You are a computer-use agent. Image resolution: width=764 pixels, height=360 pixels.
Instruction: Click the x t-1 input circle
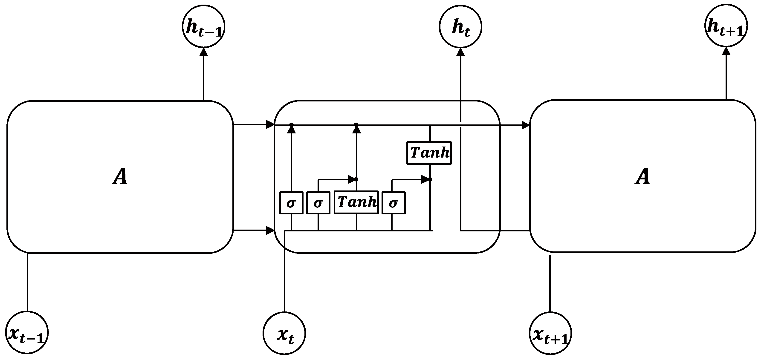(x=27, y=332)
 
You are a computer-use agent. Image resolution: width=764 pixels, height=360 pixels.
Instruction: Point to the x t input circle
(x=284, y=333)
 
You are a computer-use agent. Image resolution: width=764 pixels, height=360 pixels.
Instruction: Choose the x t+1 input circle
(x=550, y=333)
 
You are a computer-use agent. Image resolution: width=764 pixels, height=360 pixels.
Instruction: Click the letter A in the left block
(x=120, y=177)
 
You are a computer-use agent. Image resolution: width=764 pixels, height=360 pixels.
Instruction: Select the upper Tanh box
(x=429, y=153)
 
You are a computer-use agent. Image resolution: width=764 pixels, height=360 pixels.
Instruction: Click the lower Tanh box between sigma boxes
(x=356, y=202)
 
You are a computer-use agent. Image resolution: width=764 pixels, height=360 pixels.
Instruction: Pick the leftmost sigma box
(x=291, y=203)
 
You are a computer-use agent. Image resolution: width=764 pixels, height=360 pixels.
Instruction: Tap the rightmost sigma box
(x=393, y=203)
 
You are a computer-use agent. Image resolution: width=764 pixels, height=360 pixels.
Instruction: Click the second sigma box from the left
(x=318, y=203)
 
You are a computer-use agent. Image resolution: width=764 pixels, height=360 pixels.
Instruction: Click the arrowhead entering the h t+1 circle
(x=726, y=51)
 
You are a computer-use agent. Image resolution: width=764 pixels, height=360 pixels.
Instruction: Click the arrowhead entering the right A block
(x=526, y=125)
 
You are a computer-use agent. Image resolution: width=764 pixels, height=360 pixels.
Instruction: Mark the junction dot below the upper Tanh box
(x=430, y=179)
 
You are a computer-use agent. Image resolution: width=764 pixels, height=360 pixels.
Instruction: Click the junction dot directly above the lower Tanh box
(x=356, y=179)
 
